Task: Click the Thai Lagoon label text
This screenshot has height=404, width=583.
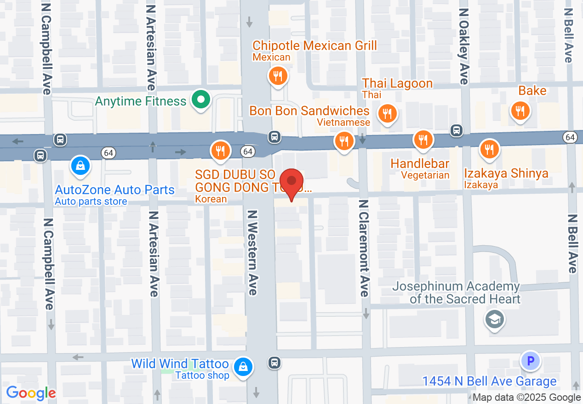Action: click(x=397, y=84)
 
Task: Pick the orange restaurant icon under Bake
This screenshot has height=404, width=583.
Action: click(x=520, y=111)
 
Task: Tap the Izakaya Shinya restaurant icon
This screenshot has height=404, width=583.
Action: click(x=489, y=149)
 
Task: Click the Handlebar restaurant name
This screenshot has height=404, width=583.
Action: click(x=419, y=163)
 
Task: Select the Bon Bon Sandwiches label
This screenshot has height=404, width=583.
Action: click(x=309, y=111)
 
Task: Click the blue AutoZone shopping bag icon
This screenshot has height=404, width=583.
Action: click(x=80, y=165)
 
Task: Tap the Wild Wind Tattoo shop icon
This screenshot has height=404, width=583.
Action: click(x=243, y=367)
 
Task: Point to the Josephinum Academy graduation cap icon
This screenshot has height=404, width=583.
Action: click(x=494, y=319)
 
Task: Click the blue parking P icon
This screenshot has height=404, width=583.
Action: click(x=530, y=361)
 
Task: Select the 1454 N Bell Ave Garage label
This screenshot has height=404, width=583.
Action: click(x=489, y=381)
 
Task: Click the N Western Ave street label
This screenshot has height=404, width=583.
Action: click(x=253, y=252)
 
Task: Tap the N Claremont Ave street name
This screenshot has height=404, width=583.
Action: click(x=364, y=248)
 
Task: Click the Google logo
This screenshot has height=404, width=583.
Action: click(x=31, y=393)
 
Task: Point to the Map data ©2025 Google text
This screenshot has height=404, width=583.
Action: click(x=526, y=398)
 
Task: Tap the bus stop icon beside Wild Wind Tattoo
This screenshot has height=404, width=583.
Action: click(x=274, y=363)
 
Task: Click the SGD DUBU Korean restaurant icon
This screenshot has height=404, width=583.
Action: click(x=220, y=150)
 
